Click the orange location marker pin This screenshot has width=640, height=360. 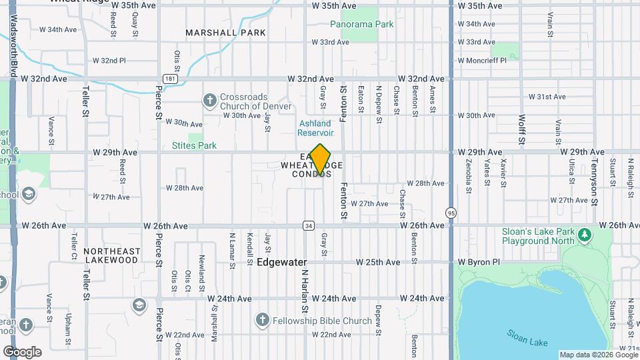click(321, 159)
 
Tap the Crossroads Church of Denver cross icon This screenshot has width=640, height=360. click(210, 100)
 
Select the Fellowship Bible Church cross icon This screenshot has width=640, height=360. click(263, 321)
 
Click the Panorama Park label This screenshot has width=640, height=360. click(362, 24)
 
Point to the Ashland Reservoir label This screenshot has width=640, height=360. click(315, 128)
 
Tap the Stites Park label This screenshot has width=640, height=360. click(194, 145)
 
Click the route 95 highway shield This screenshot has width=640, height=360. click(451, 211)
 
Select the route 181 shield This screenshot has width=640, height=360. click(171, 78)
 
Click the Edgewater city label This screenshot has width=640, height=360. click(282, 263)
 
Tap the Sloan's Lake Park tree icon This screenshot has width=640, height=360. click(585, 234)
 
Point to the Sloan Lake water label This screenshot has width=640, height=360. click(527, 337)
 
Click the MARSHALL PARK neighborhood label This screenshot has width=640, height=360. click(225, 33)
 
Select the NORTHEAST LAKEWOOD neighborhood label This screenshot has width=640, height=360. click(112, 255)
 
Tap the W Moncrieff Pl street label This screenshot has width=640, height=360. click(482, 60)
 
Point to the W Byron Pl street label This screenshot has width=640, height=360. click(477, 262)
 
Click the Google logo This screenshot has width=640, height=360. click(23, 352)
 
